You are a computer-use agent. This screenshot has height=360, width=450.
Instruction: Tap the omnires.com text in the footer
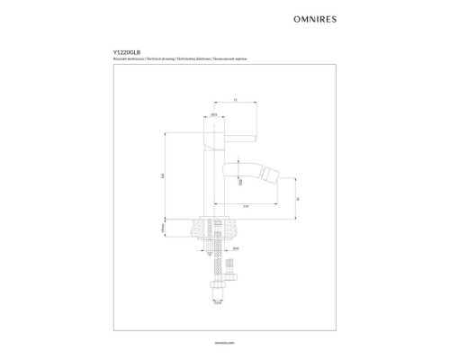[x=225, y=343]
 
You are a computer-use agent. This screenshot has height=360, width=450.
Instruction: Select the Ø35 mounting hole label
[x=235, y=246]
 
